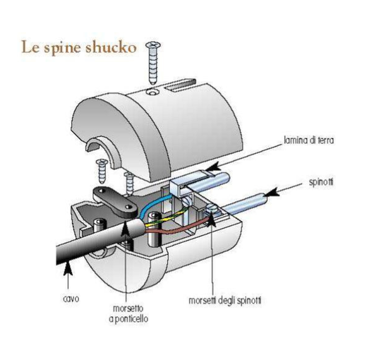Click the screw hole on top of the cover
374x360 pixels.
[152, 92]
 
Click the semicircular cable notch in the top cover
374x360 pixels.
[102, 148]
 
